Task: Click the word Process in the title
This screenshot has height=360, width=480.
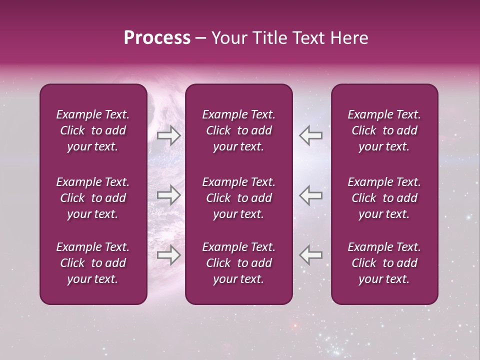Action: (x=157, y=38)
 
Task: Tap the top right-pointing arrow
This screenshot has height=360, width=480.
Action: (x=168, y=135)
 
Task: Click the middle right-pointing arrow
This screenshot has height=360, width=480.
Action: (x=168, y=195)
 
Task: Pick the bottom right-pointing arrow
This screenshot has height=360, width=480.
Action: (x=168, y=255)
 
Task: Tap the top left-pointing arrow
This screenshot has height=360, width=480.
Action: (x=310, y=135)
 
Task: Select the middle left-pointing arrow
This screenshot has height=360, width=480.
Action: (x=310, y=195)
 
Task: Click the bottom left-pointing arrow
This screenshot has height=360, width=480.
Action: (x=310, y=255)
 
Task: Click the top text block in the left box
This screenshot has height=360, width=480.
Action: (x=93, y=130)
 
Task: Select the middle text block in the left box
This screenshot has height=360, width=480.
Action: (x=93, y=198)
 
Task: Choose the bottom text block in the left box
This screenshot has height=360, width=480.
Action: (x=93, y=263)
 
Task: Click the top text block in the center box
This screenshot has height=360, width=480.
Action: (x=238, y=130)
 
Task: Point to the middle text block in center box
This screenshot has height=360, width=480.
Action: (x=238, y=198)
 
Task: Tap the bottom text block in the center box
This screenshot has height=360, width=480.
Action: (x=238, y=263)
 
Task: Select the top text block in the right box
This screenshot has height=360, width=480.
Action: (x=384, y=130)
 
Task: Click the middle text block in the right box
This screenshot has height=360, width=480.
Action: (x=384, y=198)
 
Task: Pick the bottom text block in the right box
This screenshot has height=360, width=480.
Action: (x=384, y=263)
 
